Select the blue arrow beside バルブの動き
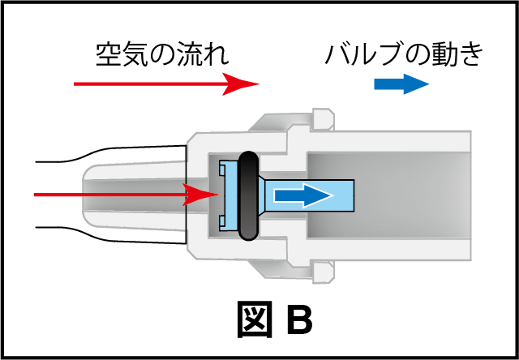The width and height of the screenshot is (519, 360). click(401, 84)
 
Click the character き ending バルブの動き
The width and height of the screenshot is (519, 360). click(471, 54)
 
